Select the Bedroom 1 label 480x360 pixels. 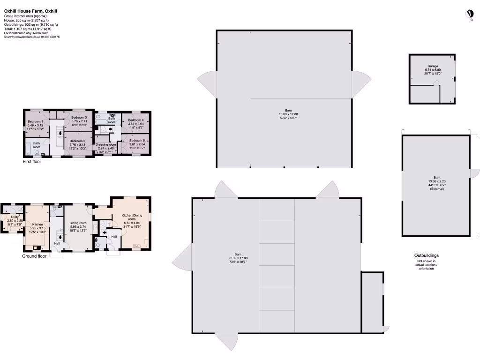[x=36, y=121]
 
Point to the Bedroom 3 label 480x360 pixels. [x=79, y=117]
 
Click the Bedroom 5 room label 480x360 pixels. [x=137, y=141]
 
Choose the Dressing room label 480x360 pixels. [x=105, y=144]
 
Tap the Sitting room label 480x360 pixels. [x=78, y=223]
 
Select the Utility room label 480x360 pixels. [x=15, y=217]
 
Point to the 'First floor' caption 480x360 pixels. [x=32, y=162]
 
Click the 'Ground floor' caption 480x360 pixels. [x=35, y=256]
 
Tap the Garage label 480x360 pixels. [x=432, y=66]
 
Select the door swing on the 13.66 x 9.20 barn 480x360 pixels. [x=474, y=173]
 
